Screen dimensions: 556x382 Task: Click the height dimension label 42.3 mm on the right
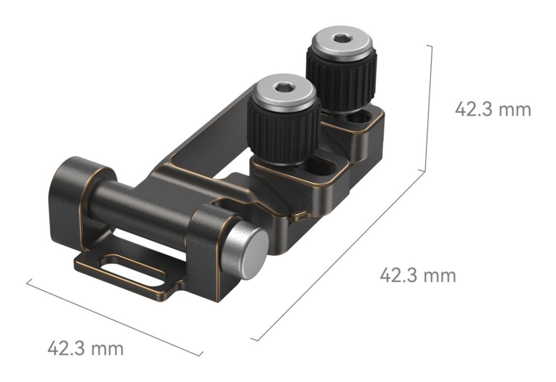point(493,109)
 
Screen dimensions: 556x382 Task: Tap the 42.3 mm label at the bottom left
point(85,348)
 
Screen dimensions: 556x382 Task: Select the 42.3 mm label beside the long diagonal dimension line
point(418,275)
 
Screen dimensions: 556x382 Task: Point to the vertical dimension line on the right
point(428,108)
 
